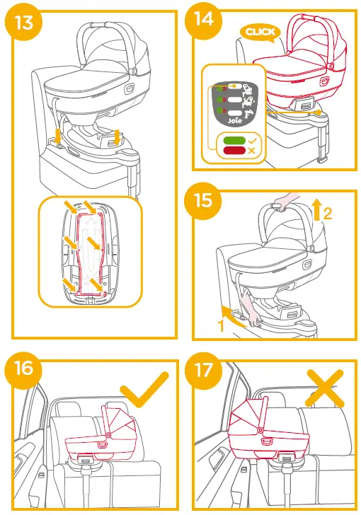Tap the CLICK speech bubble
tap(258, 32)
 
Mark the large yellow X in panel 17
tap(323, 388)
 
